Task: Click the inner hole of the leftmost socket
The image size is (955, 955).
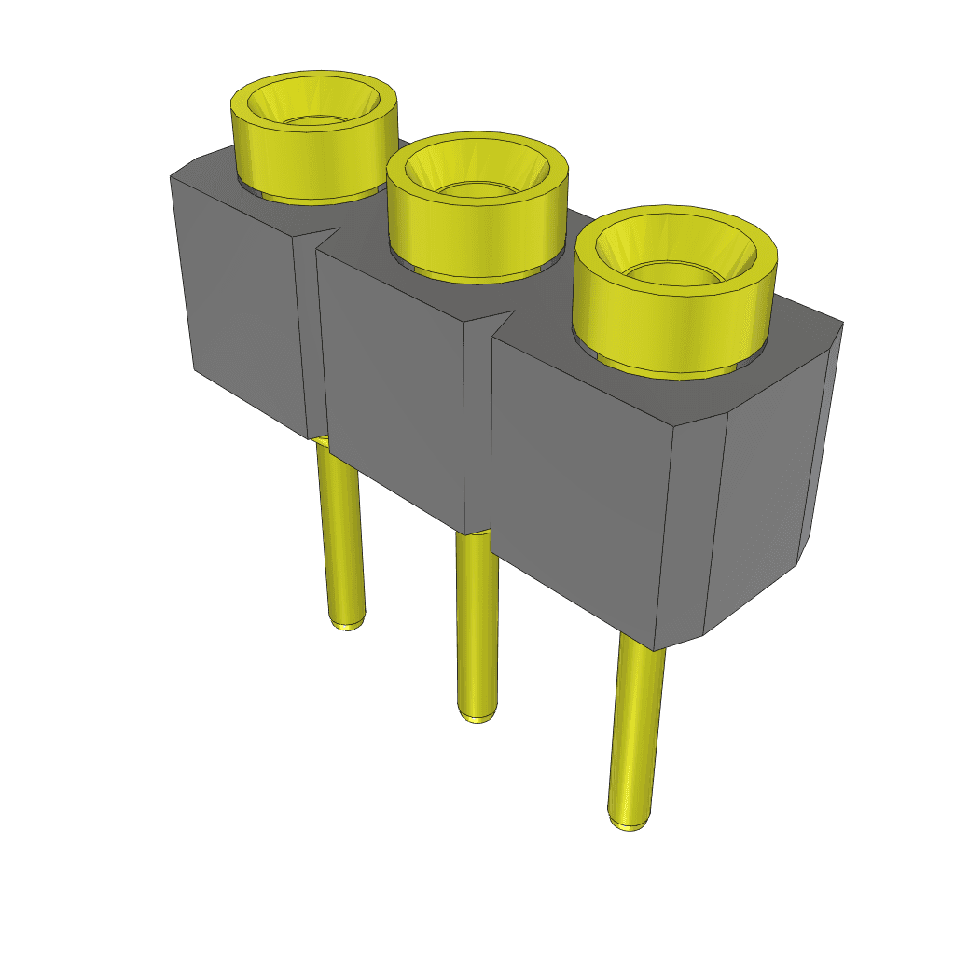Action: coord(315,119)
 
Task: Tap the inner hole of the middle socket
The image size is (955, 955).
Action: coord(476,189)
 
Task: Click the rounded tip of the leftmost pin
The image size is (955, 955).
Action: coord(348,621)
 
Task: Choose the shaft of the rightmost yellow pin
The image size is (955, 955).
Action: coord(636,727)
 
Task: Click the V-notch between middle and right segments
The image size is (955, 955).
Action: coord(499,321)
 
